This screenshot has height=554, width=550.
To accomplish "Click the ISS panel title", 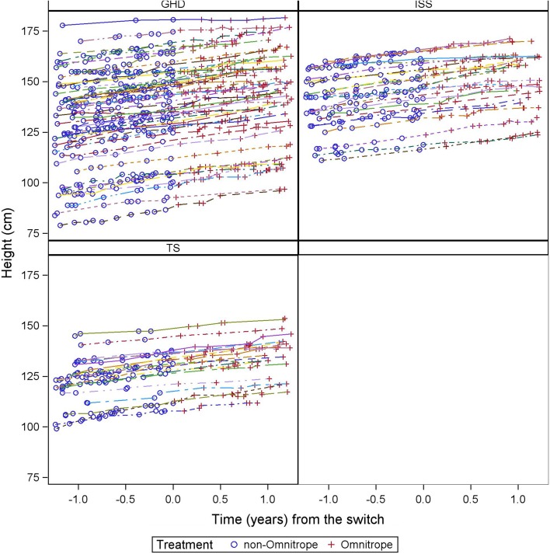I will pyautogui.click(x=423, y=5).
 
